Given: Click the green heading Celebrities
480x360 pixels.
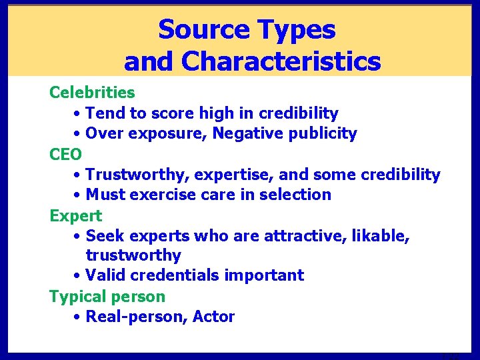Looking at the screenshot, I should click(92, 92).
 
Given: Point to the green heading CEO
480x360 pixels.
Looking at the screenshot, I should click(66, 155).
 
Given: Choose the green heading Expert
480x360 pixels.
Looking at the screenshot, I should click(76, 216).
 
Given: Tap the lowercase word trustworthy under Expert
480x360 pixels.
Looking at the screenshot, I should click(133, 255).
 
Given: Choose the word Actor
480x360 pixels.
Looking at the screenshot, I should click(213, 317).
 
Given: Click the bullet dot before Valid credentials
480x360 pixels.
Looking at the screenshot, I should click(78, 275).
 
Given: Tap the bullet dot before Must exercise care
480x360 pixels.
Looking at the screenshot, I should click(78, 195).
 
